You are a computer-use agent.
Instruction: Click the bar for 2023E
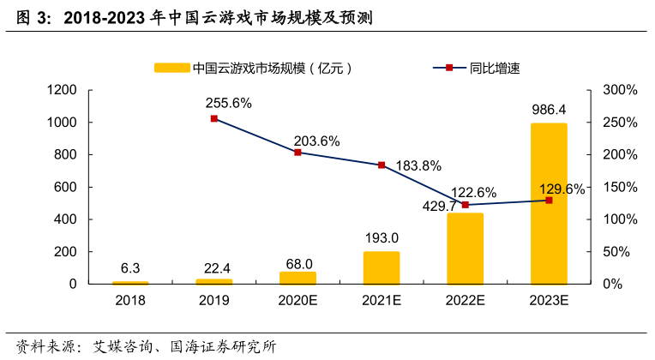click(x=549, y=203)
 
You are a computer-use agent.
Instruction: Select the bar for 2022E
click(x=465, y=248)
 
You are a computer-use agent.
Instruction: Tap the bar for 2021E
click(x=382, y=267)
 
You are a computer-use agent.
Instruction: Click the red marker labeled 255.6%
click(x=213, y=118)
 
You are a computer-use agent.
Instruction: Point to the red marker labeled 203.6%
click(x=297, y=152)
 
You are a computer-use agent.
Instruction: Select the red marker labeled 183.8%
click(x=382, y=165)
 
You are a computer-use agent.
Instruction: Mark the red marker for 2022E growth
click(x=465, y=205)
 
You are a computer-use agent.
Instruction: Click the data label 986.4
click(x=549, y=110)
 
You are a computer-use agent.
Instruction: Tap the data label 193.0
click(x=382, y=237)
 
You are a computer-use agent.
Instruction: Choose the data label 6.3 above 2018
click(x=130, y=266)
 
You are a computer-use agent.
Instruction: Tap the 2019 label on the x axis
click(x=213, y=300)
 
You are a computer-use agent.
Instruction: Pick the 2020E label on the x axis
click(x=297, y=300)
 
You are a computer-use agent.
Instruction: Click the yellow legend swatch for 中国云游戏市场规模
click(x=171, y=67)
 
